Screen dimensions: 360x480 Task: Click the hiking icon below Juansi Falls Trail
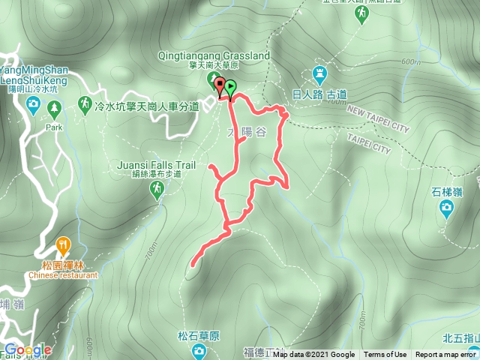pos(156,191)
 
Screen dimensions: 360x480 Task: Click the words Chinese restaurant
pos(64,275)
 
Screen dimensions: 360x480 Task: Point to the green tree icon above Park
pos(54,110)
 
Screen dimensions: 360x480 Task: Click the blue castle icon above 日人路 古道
pos(319,75)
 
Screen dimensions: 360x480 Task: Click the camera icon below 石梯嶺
pos(447,207)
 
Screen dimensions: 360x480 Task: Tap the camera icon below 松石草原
pos(199,351)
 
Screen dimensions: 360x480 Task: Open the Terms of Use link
pos(385,355)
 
